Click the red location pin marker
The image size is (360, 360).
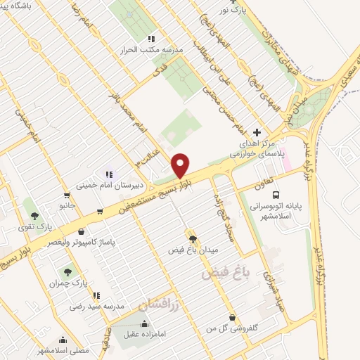[x=181, y=165]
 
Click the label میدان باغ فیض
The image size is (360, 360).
[x=193, y=249]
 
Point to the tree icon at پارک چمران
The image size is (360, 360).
[x=67, y=271]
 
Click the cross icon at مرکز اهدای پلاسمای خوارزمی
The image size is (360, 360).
[x=257, y=132]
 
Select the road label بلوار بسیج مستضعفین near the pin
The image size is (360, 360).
[x=148, y=196]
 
